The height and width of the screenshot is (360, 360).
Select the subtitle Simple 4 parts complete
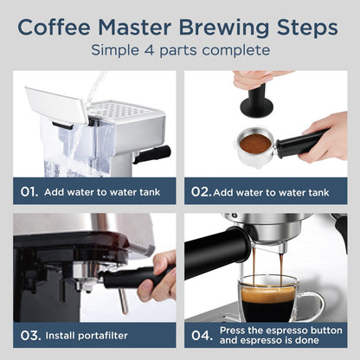[180, 51]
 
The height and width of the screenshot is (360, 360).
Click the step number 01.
[29, 192]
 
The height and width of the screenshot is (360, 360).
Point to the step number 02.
[200, 192]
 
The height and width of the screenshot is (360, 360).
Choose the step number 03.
[29, 334]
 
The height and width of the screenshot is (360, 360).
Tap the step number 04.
[200, 334]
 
